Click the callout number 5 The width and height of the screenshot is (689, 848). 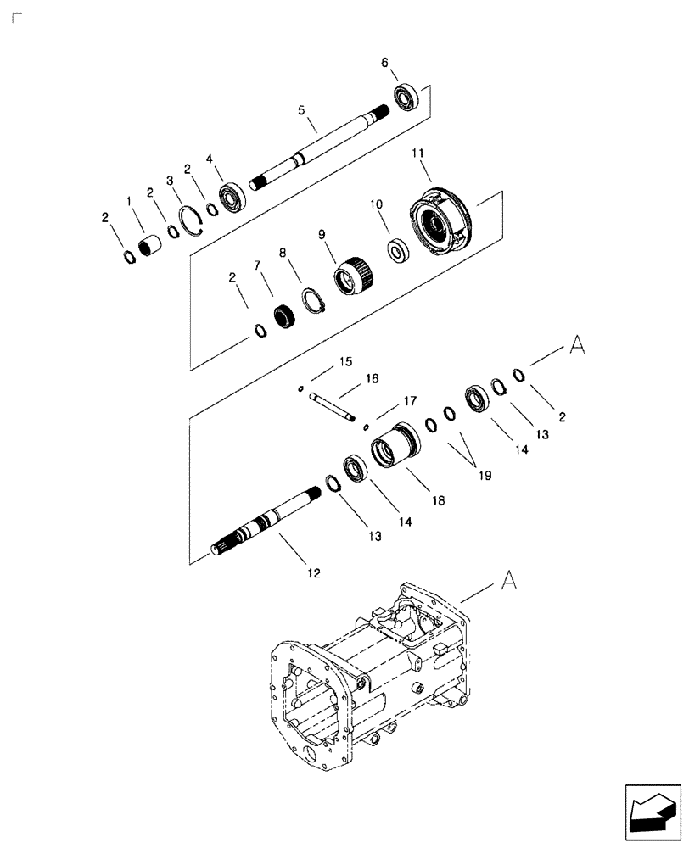(300, 110)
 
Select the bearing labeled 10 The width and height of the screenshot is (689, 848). (398, 251)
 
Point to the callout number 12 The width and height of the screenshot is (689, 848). (313, 574)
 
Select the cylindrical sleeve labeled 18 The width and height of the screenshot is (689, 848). (395, 447)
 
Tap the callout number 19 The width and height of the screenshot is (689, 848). (484, 477)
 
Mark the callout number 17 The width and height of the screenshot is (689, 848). (410, 399)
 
